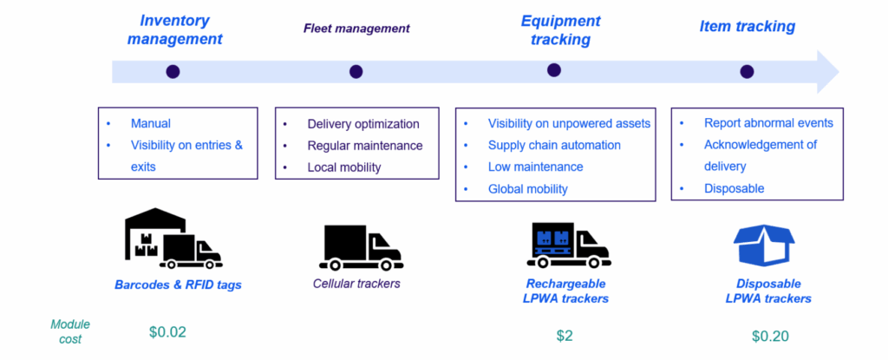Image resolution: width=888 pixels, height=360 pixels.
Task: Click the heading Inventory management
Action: (x=174, y=30)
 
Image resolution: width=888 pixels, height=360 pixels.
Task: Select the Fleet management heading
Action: (x=356, y=28)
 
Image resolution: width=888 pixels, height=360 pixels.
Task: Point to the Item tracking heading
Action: (x=747, y=27)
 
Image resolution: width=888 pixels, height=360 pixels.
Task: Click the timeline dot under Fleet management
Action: (x=356, y=71)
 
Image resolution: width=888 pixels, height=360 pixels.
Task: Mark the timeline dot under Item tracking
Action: (x=747, y=71)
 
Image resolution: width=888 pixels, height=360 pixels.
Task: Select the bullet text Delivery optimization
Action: (x=363, y=124)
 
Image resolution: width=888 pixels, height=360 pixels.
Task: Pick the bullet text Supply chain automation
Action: (x=554, y=145)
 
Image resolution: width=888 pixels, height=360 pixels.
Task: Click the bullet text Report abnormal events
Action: (x=768, y=122)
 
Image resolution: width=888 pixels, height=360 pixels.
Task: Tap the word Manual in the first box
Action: (x=151, y=123)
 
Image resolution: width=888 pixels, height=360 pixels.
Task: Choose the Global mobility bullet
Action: (x=528, y=189)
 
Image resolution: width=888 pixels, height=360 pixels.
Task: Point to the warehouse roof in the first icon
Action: (x=154, y=218)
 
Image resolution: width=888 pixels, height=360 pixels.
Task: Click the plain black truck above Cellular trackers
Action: (x=361, y=248)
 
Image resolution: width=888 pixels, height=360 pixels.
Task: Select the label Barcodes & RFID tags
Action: (x=178, y=285)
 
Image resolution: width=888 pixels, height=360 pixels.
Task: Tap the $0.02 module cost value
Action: (x=167, y=332)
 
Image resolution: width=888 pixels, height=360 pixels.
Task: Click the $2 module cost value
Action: (x=565, y=336)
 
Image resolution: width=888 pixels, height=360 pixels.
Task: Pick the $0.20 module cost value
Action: (x=770, y=336)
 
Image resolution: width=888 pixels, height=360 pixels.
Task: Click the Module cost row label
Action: (x=70, y=331)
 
